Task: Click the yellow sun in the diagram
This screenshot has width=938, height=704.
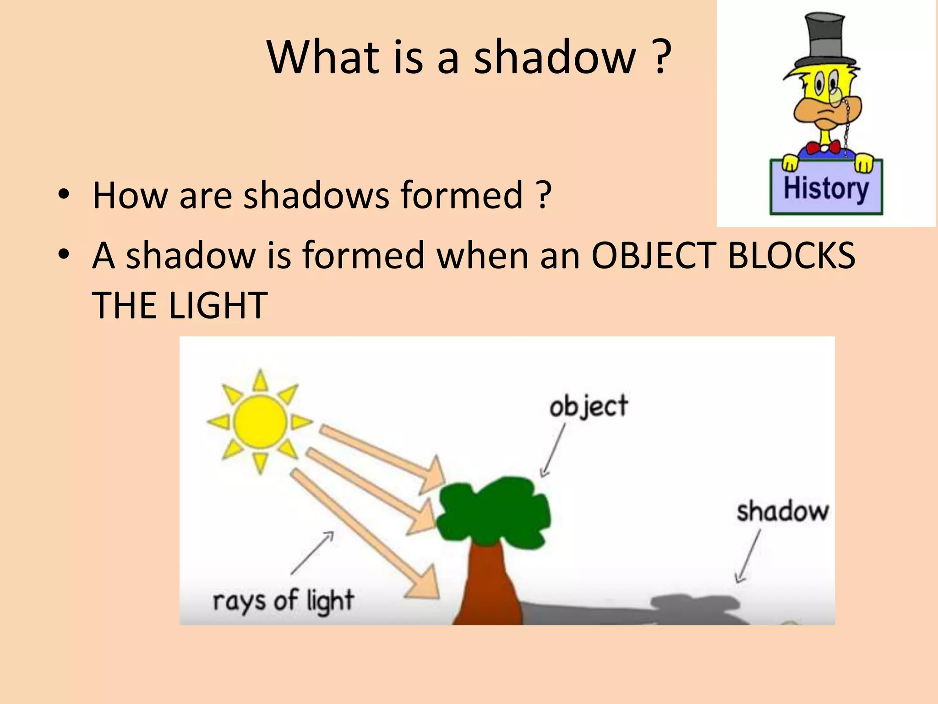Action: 260,422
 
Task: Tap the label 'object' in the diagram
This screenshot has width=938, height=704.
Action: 589,407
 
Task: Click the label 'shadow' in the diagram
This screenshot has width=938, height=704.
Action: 783,511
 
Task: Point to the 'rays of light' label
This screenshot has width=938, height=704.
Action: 283,600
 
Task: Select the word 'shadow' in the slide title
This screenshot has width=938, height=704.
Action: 555,57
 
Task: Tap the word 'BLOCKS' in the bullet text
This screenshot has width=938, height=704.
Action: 791,255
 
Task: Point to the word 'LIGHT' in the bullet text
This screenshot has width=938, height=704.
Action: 218,305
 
